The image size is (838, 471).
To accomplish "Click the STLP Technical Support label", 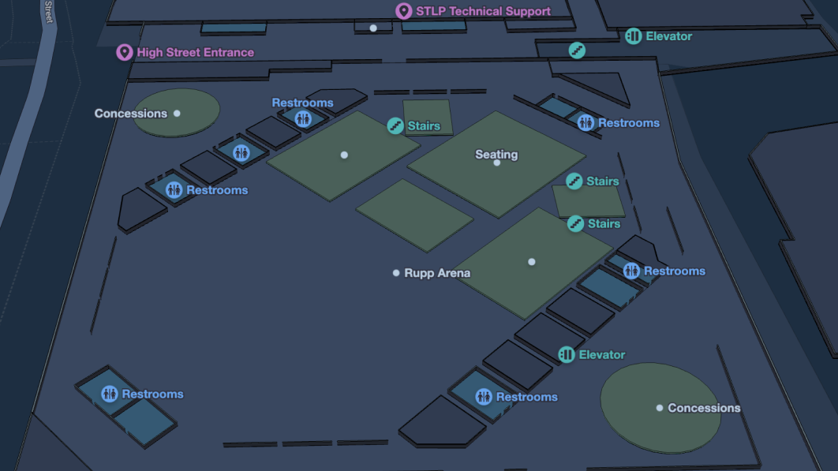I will click(x=483, y=11).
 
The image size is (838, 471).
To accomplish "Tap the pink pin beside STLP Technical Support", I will click(x=403, y=11).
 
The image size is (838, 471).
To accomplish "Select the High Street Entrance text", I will click(x=195, y=53).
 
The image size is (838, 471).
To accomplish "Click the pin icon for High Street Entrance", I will click(x=124, y=52).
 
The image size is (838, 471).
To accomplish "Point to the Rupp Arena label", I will click(x=437, y=273).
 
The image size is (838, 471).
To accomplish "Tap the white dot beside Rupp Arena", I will click(x=396, y=273).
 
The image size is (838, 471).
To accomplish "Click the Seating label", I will click(x=496, y=155).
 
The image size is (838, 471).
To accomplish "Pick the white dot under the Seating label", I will click(x=497, y=163).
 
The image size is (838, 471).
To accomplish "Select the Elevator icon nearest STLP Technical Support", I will click(x=633, y=36).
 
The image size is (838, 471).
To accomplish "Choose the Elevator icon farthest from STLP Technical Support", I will click(x=567, y=355).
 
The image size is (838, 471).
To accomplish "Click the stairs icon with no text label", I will click(x=577, y=50).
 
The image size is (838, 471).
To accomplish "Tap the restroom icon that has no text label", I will click(x=241, y=152).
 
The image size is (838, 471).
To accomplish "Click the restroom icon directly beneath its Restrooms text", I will click(x=304, y=119).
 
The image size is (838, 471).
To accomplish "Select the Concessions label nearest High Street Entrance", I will click(x=131, y=114).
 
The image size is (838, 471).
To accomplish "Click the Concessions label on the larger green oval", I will click(x=704, y=408).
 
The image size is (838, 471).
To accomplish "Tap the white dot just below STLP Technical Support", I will click(x=373, y=28).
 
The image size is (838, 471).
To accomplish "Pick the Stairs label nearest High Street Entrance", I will click(x=424, y=126).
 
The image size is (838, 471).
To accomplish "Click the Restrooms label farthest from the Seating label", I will click(x=152, y=394).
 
